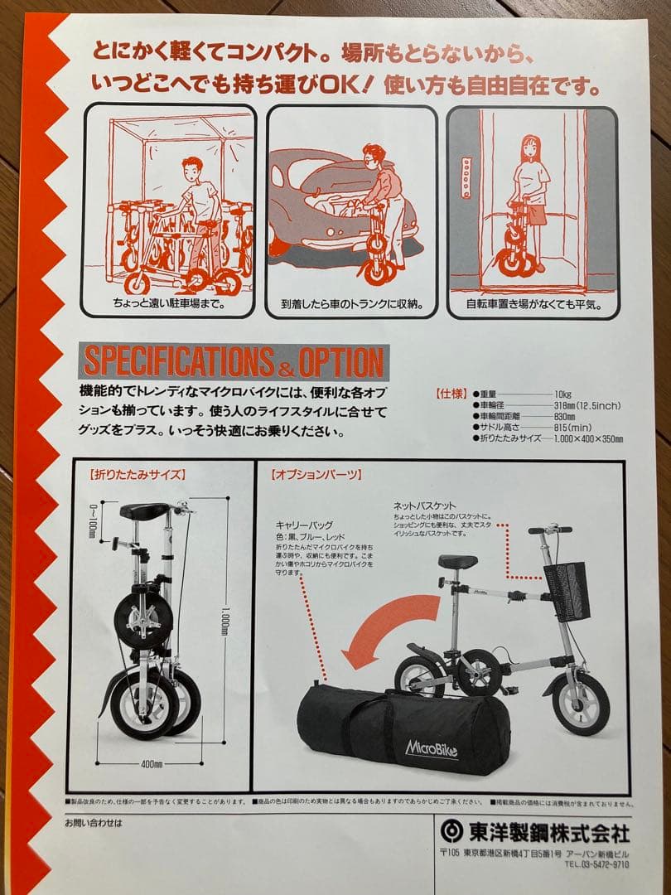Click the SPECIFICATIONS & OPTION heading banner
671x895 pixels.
click(234, 362)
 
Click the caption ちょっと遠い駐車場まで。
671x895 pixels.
click(170, 304)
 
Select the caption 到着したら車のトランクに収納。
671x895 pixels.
click(352, 304)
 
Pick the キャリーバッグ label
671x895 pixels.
click(306, 525)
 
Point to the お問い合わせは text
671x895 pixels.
click(93, 823)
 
